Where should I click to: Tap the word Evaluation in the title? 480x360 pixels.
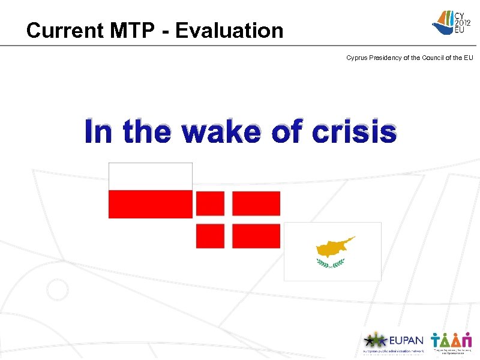(237, 31)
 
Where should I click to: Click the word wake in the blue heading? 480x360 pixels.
(223, 132)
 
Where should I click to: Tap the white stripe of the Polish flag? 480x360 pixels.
(150, 176)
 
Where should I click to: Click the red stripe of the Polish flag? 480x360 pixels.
(150, 205)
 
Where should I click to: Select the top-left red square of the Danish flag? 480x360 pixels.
(210, 203)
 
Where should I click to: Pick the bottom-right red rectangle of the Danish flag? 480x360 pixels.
(256, 236)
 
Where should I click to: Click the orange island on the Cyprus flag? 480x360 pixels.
(335, 247)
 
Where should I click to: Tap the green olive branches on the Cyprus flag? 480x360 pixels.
(331, 263)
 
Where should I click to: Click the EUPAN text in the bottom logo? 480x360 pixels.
(406, 340)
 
